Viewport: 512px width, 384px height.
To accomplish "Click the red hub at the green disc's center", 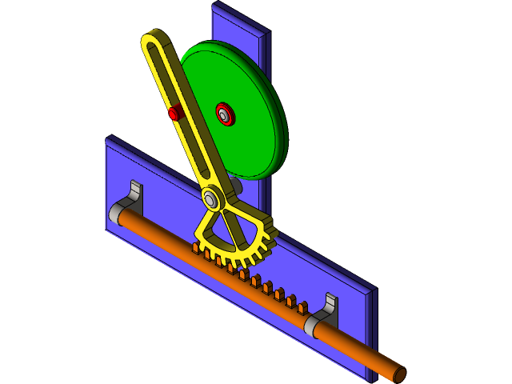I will [x=225, y=114].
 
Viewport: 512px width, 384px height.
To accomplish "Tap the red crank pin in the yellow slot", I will [x=174, y=114].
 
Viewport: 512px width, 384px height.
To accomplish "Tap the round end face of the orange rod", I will [x=399, y=374].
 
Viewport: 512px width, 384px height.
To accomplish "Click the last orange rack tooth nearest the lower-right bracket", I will [x=302, y=308].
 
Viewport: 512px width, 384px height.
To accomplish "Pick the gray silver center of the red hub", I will [x=225, y=114].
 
